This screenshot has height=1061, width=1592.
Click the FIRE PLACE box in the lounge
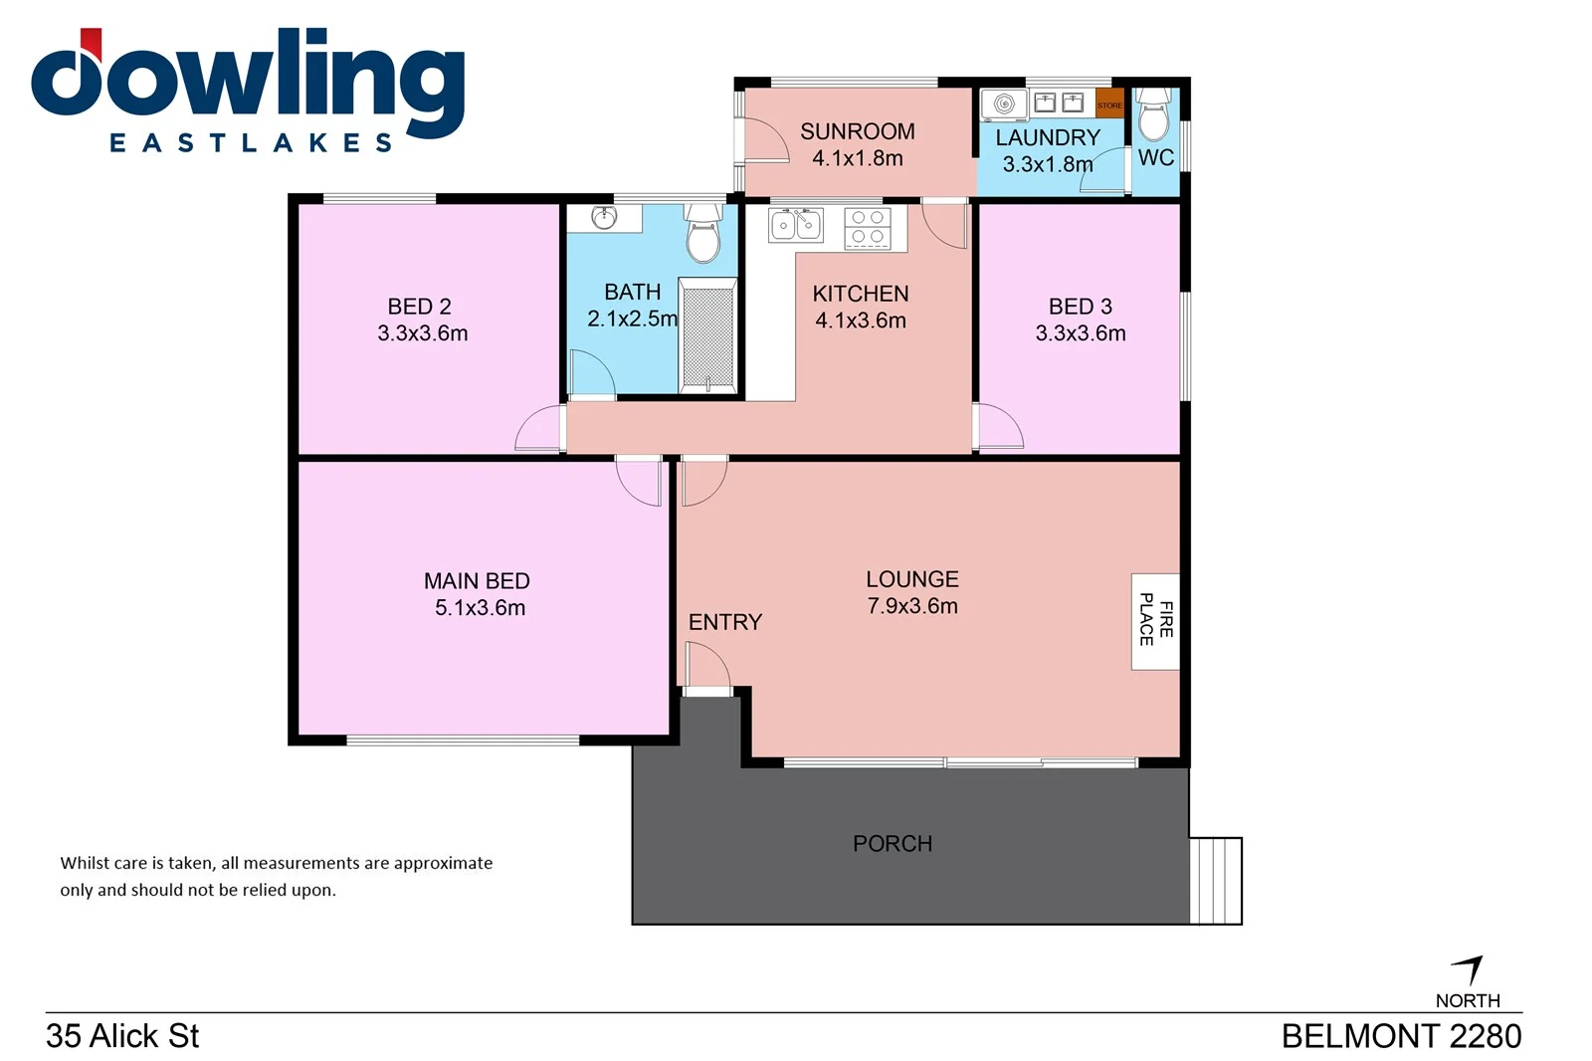1154,621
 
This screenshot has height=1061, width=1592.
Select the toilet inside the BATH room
702,233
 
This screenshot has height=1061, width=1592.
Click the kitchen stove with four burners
868,228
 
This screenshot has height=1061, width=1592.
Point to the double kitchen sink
796,226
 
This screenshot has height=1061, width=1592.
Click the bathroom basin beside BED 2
603,217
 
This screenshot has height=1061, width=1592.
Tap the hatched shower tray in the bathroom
707,335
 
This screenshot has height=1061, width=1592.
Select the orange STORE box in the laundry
1109,103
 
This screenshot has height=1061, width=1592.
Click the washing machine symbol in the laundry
1003,104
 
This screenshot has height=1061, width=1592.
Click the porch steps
1216,881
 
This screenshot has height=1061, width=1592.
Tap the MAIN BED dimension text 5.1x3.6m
480,608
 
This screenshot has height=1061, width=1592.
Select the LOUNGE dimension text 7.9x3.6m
911,606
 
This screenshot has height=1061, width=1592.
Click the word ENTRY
724,622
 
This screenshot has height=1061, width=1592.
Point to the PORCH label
892,844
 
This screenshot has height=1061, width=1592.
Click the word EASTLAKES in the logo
251,143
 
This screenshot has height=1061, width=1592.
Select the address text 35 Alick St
122,1036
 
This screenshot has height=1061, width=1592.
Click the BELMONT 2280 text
1400,1036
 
